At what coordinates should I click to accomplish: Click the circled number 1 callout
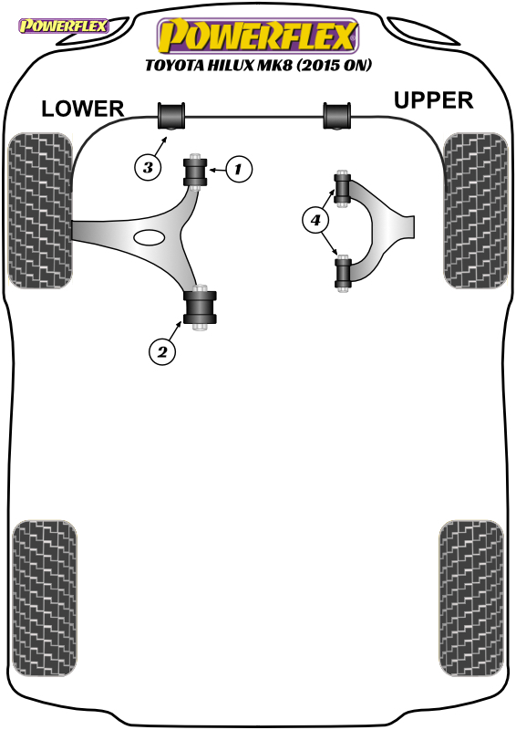click(x=239, y=169)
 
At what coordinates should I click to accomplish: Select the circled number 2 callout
click(x=162, y=351)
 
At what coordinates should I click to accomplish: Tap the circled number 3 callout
click(x=148, y=167)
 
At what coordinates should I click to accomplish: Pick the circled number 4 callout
click(x=316, y=220)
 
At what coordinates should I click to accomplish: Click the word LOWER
click(x=83, y=109)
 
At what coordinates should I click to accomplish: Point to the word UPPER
click(x=433, y=100)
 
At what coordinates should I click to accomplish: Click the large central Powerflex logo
click(x=258, y=36)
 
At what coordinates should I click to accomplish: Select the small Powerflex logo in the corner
click(x=63, y=26)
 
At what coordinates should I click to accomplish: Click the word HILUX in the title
click(x=231, y=65)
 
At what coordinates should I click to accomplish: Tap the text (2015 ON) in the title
click(x=335, y=65)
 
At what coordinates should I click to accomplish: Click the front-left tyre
click(x=40, y=210)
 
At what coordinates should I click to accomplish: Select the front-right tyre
click(x=475, y=211)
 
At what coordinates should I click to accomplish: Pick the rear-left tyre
click(x=44, y=599)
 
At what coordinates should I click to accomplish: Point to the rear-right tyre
click(x=471, y=599)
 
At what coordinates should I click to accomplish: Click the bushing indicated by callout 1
click(x=195, y=172)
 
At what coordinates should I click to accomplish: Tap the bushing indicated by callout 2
click(x=200, y=308)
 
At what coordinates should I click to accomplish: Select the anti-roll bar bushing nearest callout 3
click(x=171, y=116)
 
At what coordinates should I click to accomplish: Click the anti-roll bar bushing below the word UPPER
click(x=337, y=116)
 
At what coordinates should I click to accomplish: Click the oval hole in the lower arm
click(x=149, y=237)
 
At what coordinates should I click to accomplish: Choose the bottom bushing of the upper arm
click(x=343, y=273)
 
